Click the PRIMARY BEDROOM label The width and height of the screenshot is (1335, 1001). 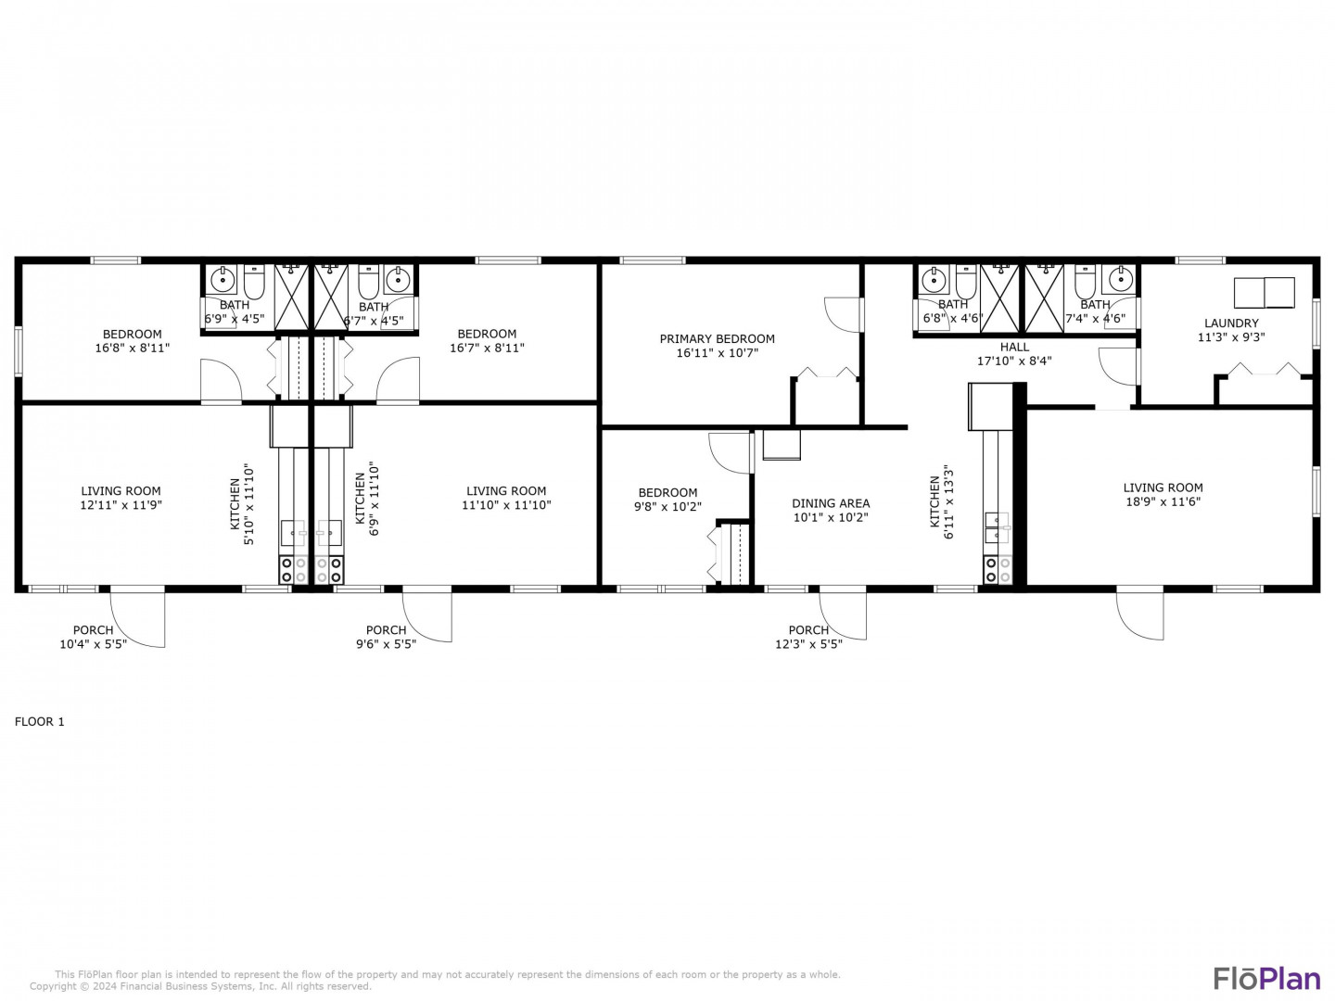coord(717,338)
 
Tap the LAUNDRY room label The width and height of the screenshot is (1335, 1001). coord(1231,323)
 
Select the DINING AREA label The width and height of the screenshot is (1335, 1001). coord(831,503)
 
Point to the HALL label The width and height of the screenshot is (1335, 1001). coord(1014,347)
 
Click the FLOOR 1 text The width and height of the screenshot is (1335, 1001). coord(40,721)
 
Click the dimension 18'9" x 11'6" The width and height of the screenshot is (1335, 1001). coord(1163,502)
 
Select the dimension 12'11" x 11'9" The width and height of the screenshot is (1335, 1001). coord(121,505)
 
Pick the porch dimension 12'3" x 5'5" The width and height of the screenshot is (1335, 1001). coord(808,644)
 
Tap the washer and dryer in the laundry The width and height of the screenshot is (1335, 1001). coord(1264,293)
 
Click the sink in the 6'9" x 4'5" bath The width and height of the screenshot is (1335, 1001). coord(223,280)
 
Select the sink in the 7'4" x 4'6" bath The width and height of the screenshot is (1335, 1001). coord(1120,280)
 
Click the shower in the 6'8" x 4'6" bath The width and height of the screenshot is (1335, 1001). coord(999,298)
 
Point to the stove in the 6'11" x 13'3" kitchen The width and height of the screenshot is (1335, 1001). coord(998,570)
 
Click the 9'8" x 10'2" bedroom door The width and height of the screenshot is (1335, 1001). coord(731,453)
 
